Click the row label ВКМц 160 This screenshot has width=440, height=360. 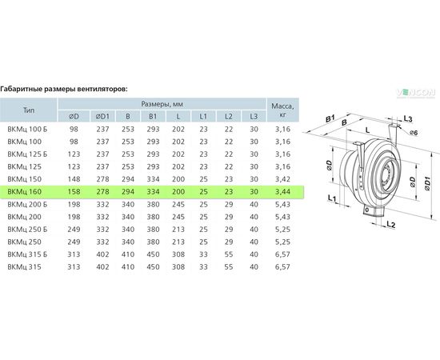25,192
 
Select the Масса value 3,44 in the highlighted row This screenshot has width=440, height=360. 282,192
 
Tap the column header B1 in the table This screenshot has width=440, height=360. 153,116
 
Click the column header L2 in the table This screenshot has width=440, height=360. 229,116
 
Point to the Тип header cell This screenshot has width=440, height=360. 29,110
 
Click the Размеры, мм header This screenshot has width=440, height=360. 162,104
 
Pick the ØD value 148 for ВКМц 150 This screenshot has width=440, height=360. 74,179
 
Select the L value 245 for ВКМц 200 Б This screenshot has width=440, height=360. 178,204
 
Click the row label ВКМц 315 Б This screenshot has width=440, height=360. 27,254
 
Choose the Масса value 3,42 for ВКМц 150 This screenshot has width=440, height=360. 282,179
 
